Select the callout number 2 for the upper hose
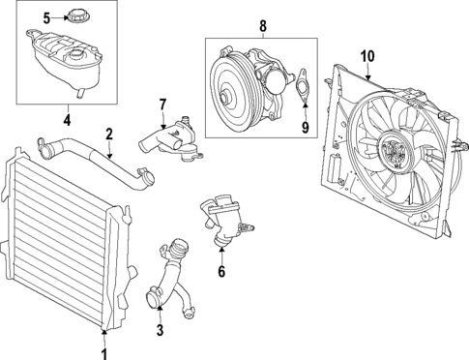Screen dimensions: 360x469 coord(109,134)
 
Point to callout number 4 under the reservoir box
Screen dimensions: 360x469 coord(67,121)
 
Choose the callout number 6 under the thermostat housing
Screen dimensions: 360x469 coord(221,272)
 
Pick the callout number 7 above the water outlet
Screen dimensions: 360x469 coord(162,104)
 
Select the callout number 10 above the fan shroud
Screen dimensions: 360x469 coord(366,54)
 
